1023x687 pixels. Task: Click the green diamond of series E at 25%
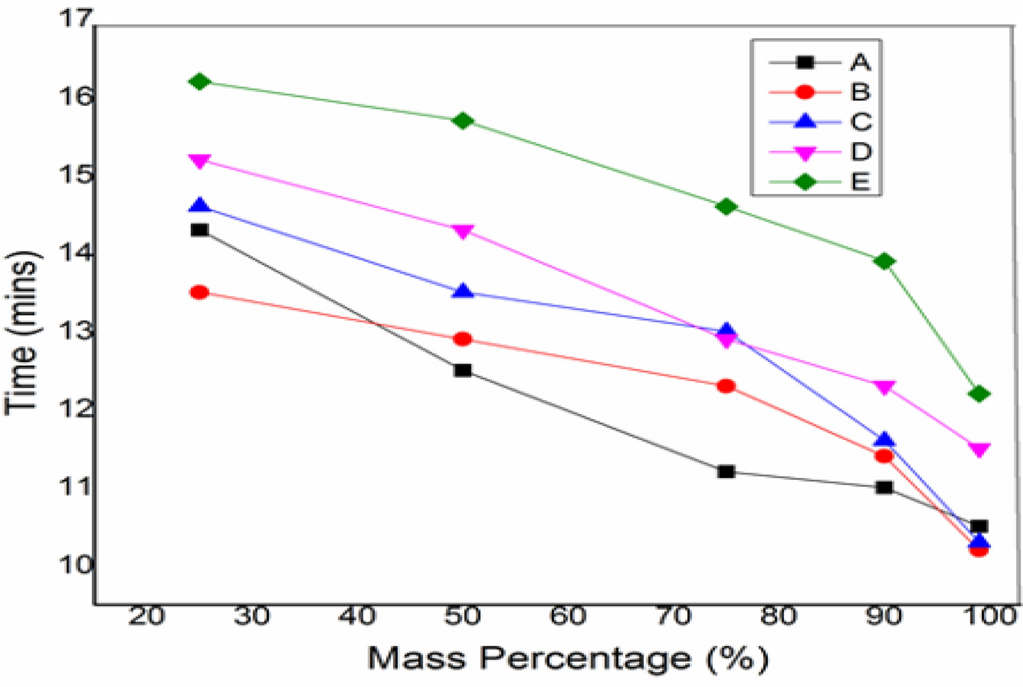tap(199, 82)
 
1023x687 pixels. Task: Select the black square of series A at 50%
tap(463, 370)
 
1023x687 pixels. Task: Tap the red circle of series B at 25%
tap(199, 292)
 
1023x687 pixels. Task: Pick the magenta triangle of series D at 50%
tap(463, 232)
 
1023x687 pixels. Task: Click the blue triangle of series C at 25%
tap(199, 206)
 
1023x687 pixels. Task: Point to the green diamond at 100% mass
tap(979, 394)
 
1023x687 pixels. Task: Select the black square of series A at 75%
tap(726, 471)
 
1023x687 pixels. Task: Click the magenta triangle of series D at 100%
tap(979, 449)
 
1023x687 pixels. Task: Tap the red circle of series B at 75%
tap(726, 386)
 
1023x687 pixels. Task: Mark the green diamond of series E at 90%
tap(884, 261)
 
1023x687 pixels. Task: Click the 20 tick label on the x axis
tap(147, 617)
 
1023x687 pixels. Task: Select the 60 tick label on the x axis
tap(568, 617)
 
